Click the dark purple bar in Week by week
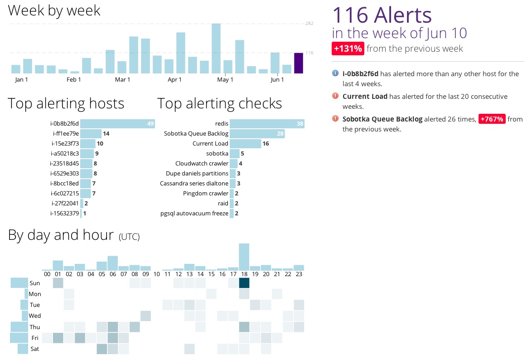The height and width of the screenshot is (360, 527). (299, 63)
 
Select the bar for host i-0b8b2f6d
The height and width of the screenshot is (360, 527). (118, 124)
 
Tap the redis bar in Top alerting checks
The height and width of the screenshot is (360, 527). (267, 124)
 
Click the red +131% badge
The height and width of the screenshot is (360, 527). (348, 49)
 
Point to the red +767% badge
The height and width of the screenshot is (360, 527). (492, 119)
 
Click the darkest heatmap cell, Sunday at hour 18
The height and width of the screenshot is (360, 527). (244, 283)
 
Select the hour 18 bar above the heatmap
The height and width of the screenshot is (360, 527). (244, 257)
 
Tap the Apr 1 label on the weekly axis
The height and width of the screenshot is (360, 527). (174, 80)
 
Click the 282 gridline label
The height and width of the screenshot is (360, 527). (309, 24)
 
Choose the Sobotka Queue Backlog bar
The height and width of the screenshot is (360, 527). (257, 134)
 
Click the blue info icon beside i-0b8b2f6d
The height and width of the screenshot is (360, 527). (335, 73)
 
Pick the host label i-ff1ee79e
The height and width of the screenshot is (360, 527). (65, 134)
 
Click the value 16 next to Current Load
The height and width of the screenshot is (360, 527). (266, 144)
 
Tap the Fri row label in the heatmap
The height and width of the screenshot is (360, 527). (35, 338)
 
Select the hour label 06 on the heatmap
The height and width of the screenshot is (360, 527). (113, 274)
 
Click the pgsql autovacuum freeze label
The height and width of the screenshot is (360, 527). (194, 214)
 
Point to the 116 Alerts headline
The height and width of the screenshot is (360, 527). (382, 15)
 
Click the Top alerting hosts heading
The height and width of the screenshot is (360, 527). (66, 103)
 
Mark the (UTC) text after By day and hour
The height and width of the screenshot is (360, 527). (129, 237)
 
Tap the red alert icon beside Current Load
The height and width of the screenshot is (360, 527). (335, 96)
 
